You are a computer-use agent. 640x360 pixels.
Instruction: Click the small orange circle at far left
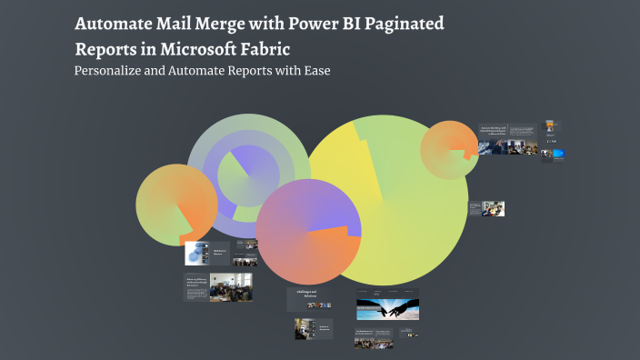click(x=177, y=205)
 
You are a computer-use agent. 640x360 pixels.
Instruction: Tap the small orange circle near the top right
click(x=448, y=145)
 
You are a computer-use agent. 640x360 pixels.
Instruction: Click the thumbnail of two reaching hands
click(x=388, y=307)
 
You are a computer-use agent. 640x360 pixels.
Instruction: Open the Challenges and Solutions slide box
click(x=308, y=296)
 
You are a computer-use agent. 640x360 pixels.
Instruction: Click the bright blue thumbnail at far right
click(x=558, y=154)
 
